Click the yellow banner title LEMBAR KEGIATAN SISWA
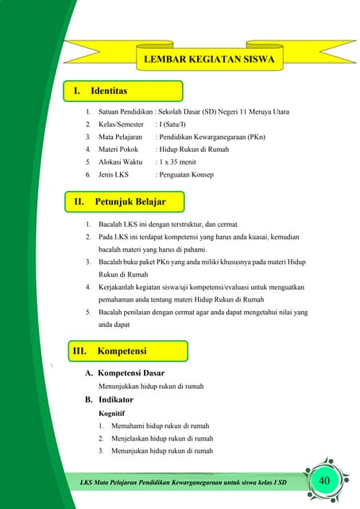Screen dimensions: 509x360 pyautogui.click(x=208, y=60)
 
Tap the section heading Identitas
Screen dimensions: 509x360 pyautogui.click(x=109, y=91)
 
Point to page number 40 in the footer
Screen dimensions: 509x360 pyautogui.click(x=324, y=482)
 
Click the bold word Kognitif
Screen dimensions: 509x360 pyautogui.click(x=111, y=414)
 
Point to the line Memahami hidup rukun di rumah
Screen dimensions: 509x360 pyautogui.click(x=160, y=426)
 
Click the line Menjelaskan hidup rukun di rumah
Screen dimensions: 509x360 pyautogui.click(x=162, y=438)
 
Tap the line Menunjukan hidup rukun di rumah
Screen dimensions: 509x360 pyautogui.click(x=162, y=451)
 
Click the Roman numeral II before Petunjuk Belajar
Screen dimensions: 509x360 pyautogui.click(x=79, y=202)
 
